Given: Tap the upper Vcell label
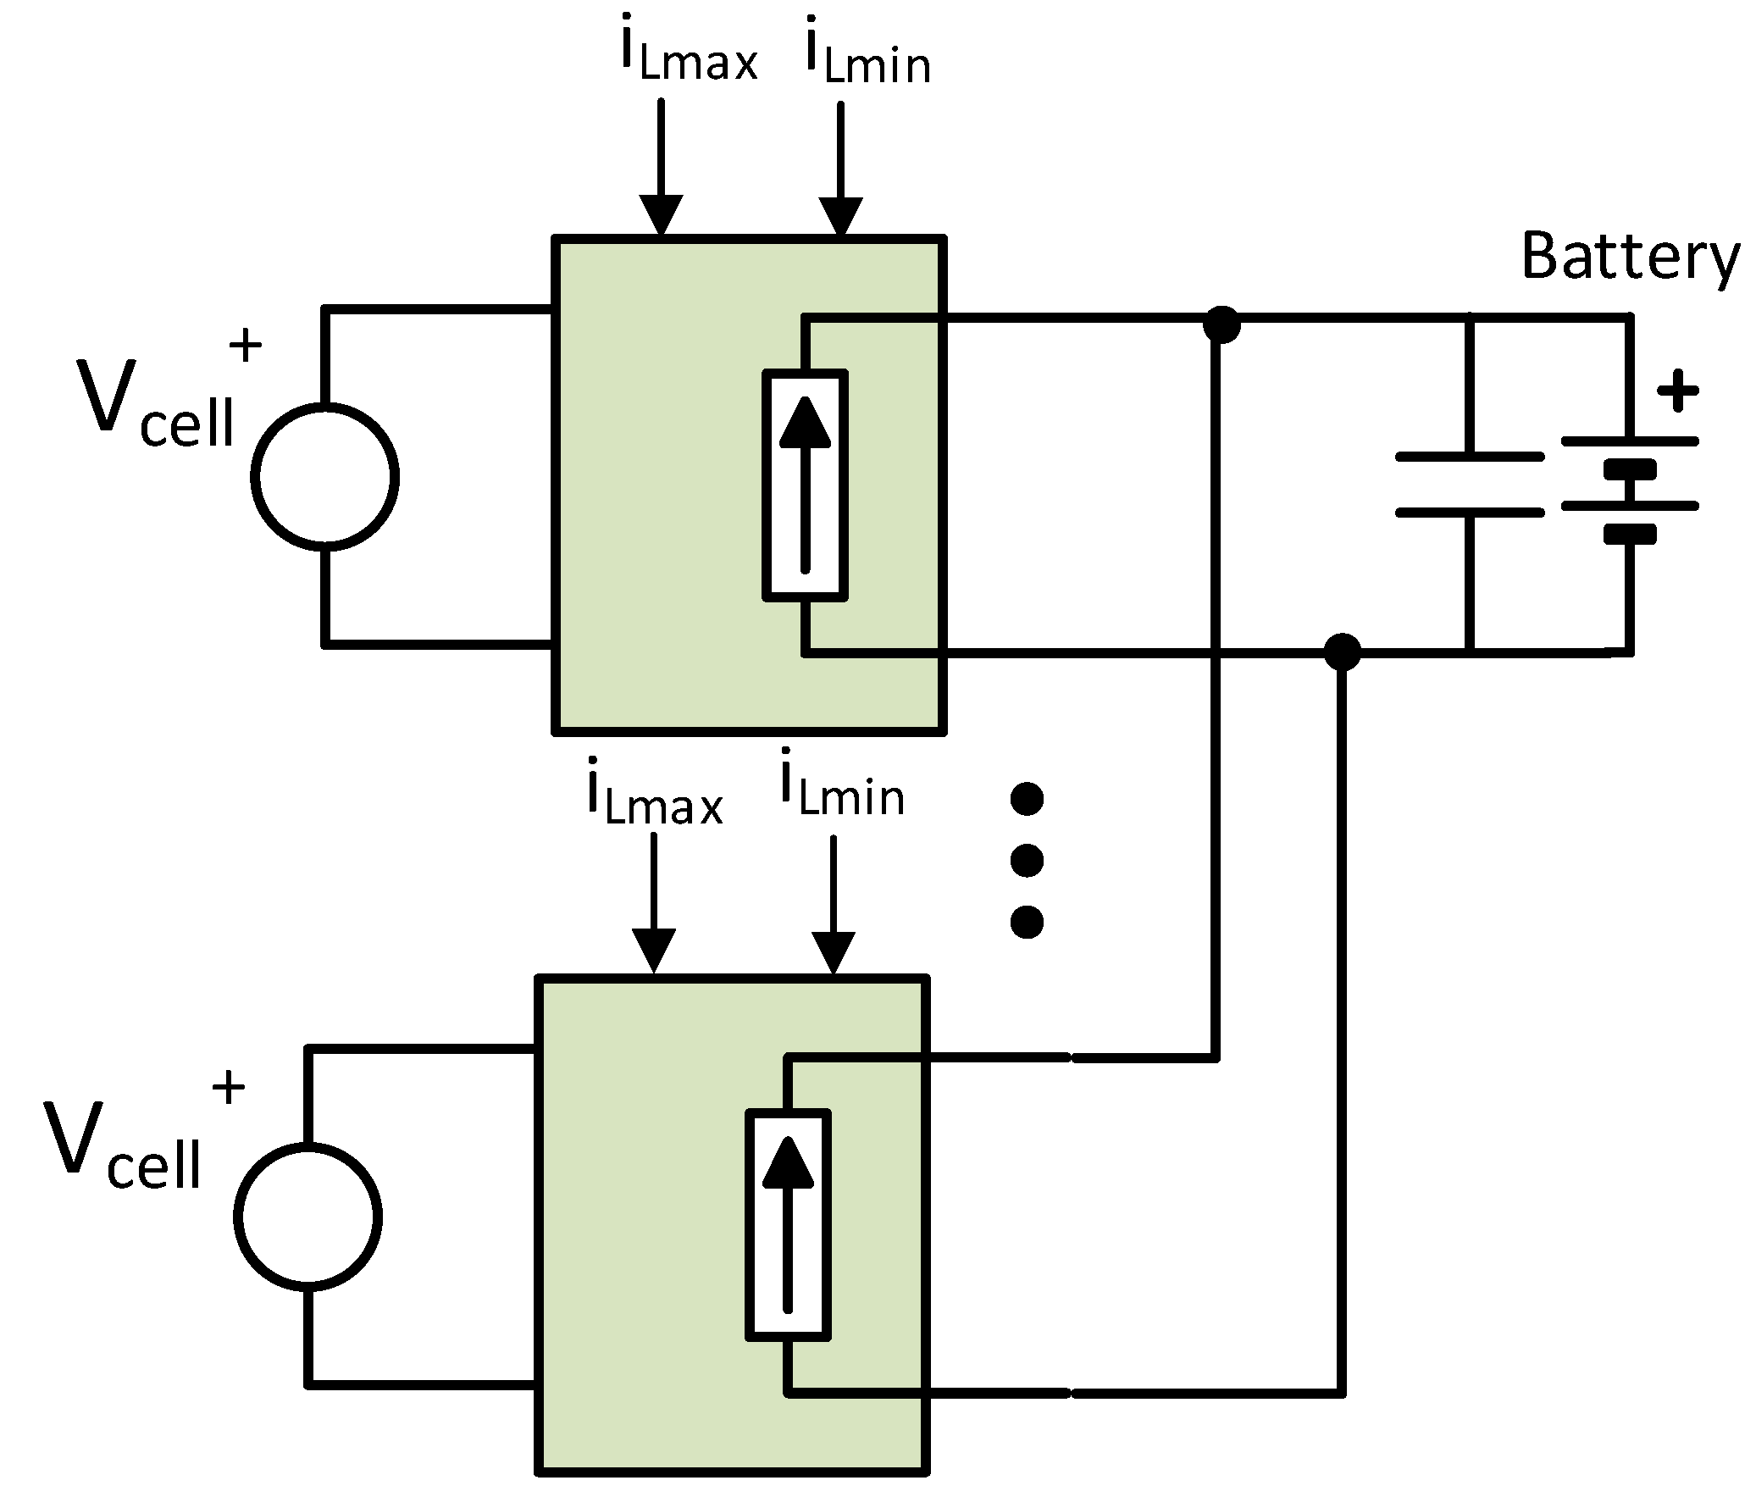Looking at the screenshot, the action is [157, 402].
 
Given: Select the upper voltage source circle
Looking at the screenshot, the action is [325, 476].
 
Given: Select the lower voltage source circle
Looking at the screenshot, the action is [308, 1217].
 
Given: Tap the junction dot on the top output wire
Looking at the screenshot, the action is [1221, 324].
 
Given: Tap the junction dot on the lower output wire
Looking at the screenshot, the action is [1342, 651].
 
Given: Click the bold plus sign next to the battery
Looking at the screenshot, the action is [1677, 391].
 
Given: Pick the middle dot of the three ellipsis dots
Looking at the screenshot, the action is [1027, 861].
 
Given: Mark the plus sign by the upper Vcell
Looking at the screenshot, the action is [246, 346].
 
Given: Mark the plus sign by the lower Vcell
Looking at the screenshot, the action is [228, 1087].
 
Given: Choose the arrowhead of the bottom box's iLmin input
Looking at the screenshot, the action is [834, 953].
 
